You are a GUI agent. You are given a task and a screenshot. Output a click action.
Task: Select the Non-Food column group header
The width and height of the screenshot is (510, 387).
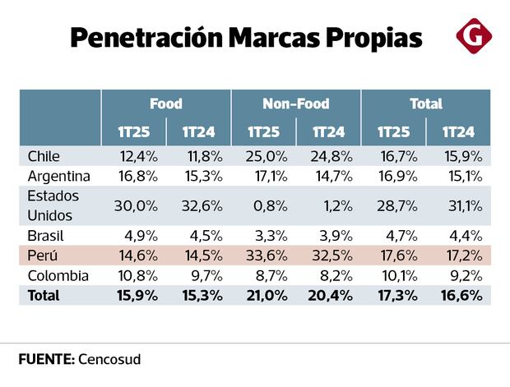(296, 104)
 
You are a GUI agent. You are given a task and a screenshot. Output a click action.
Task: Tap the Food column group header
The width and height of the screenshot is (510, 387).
(166, 104)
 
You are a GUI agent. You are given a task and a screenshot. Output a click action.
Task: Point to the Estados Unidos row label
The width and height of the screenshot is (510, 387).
(53, 205)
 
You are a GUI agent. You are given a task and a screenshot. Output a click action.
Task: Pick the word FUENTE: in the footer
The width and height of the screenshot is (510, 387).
(46, 359)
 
